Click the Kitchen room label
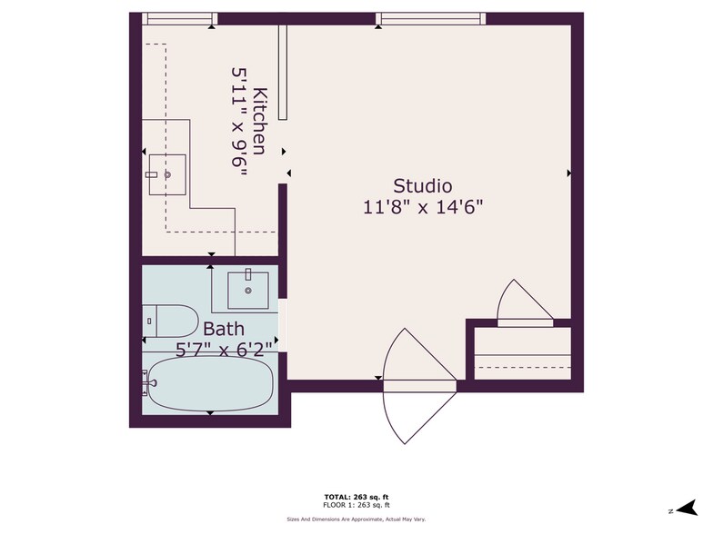(x=260, y=121)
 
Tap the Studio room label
(x=422, y=185)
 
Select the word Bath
(x=223, y=328)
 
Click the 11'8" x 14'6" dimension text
(x=422, y=206)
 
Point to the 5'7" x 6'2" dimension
(x=224, y=347)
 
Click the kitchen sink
(x=167, y=174)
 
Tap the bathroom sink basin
(x=247, y=290)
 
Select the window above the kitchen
(x=180, y=18)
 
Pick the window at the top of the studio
(x=429, y=18)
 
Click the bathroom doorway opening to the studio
(x=283, y=321)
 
